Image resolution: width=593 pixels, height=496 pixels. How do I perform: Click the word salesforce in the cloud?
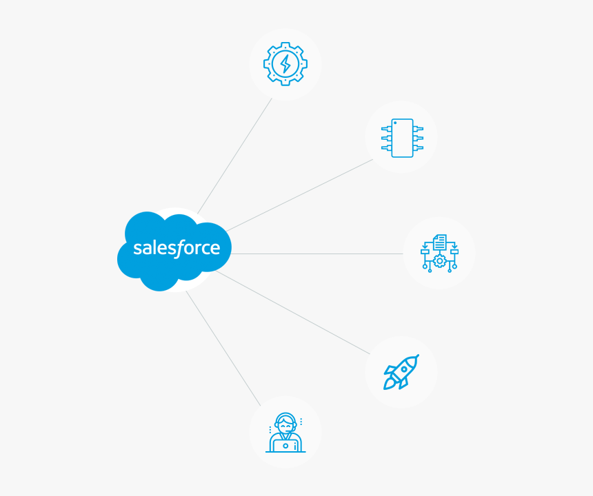(x=177, y=248)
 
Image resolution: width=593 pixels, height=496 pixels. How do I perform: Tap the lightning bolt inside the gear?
(x=285, y=64)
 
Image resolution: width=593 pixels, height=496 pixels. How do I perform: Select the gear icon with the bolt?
(x=285, y=64)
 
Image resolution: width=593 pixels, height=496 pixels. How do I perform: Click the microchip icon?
(x=402, y=138)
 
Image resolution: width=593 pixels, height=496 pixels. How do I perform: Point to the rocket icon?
(x=401, y=372)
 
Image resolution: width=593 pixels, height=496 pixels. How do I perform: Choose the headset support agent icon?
(x=285, y=433)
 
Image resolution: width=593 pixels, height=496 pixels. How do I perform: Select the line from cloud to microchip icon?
(x=300, y=195)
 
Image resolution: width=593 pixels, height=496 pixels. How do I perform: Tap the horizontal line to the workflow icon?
(x=317, y=254)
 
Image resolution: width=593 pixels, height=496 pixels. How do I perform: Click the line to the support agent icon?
(x=223, y=348)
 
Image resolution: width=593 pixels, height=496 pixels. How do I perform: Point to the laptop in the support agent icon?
(x=285, y=445)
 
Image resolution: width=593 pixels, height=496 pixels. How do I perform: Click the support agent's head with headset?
(x=285, y=422)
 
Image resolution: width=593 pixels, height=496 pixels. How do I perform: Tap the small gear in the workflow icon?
(x=439, y=262)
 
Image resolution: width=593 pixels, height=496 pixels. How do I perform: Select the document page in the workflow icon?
(x=440, y=242)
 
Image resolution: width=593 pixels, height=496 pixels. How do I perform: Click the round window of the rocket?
(x=404, y=369)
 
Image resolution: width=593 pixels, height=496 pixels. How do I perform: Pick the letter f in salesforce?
(x=178, y=248)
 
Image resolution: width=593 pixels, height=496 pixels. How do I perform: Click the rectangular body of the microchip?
(x=402, y=138)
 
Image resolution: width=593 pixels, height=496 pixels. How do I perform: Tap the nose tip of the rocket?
(x=416, y=357)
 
